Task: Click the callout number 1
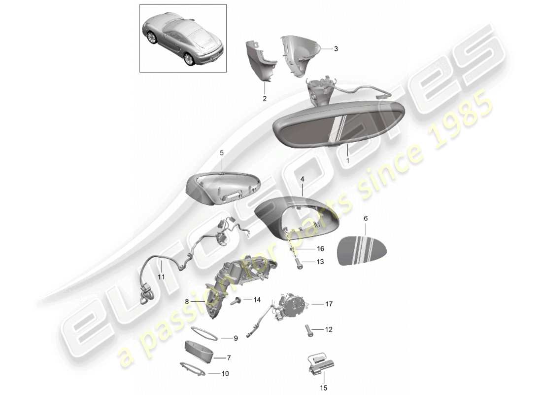point(348,160)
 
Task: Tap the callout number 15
point(324,388)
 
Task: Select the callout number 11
point(162,277)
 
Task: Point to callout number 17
point(329,304)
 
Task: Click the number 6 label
point(366,218)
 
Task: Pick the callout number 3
point(336,49)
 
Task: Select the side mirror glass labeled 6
point(362,250)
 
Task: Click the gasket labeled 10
point(192,369)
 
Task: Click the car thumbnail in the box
point(182,39)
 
